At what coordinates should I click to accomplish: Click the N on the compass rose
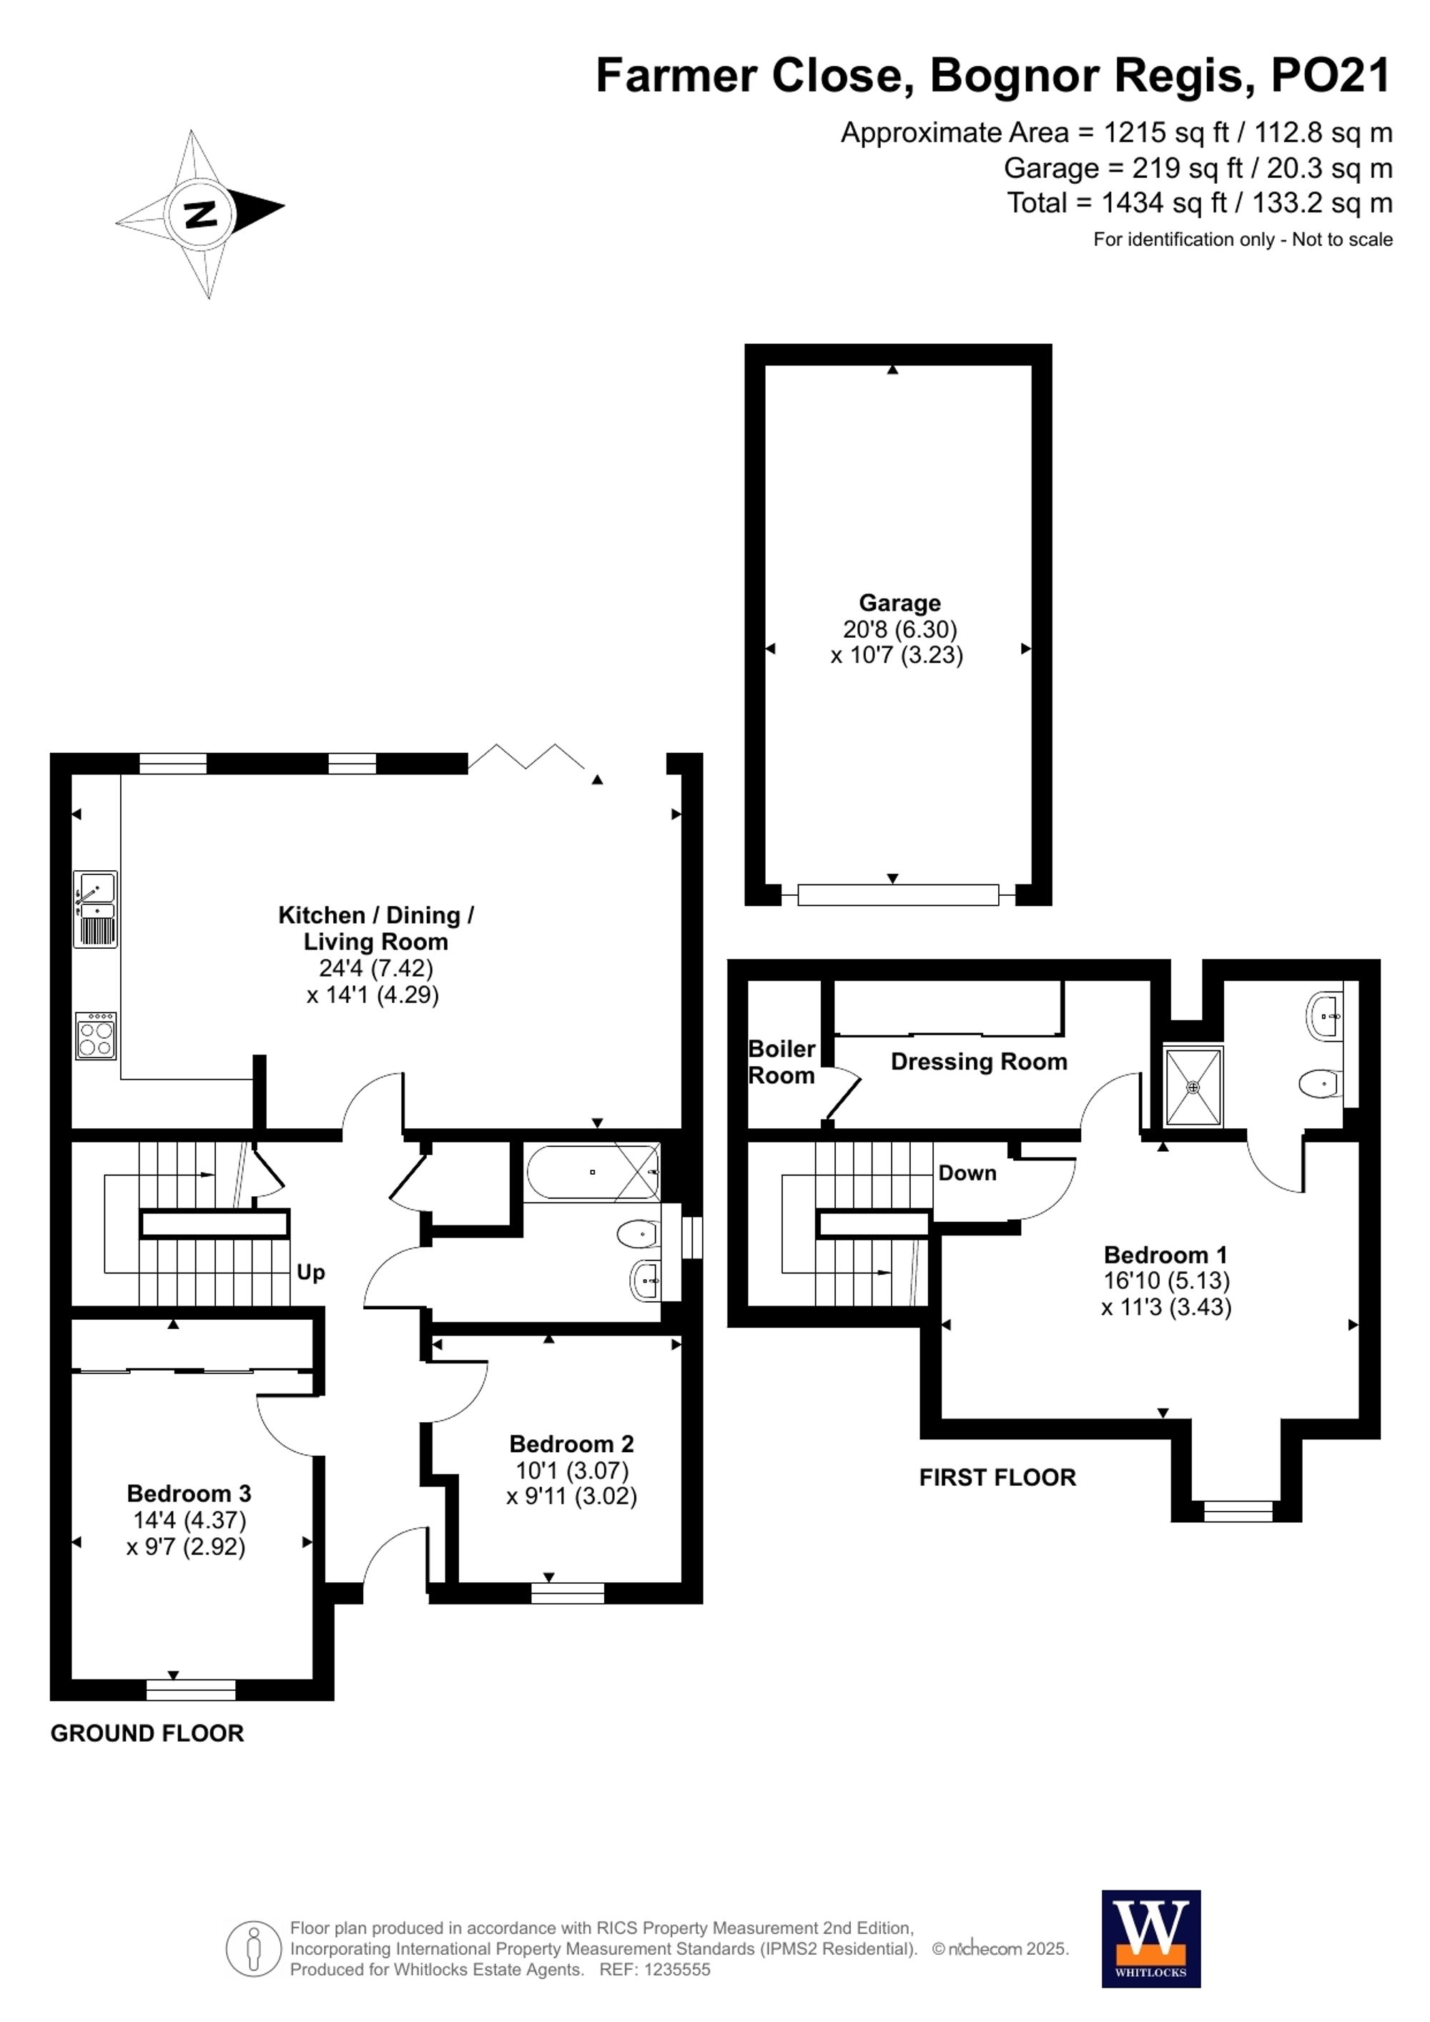point(201,213)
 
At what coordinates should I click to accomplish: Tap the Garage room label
point(899,603)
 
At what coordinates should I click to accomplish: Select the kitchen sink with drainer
point(95,909)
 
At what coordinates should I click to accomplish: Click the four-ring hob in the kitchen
point(96,1035)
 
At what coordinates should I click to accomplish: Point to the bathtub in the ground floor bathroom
point(592,1172)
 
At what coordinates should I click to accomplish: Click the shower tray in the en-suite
point(1193,1087)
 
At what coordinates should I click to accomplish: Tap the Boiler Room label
point(781,1062)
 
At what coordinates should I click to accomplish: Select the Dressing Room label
point(978,1062)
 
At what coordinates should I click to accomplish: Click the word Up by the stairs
point(310,1273)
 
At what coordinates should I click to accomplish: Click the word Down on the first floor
point(967,1173)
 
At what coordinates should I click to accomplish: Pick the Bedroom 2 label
point(571,1444)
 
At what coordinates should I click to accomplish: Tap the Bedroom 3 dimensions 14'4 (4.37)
point(189,1520)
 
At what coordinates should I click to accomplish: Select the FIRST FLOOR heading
point(997,1478)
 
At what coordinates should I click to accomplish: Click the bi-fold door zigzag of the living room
point(526,756)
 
